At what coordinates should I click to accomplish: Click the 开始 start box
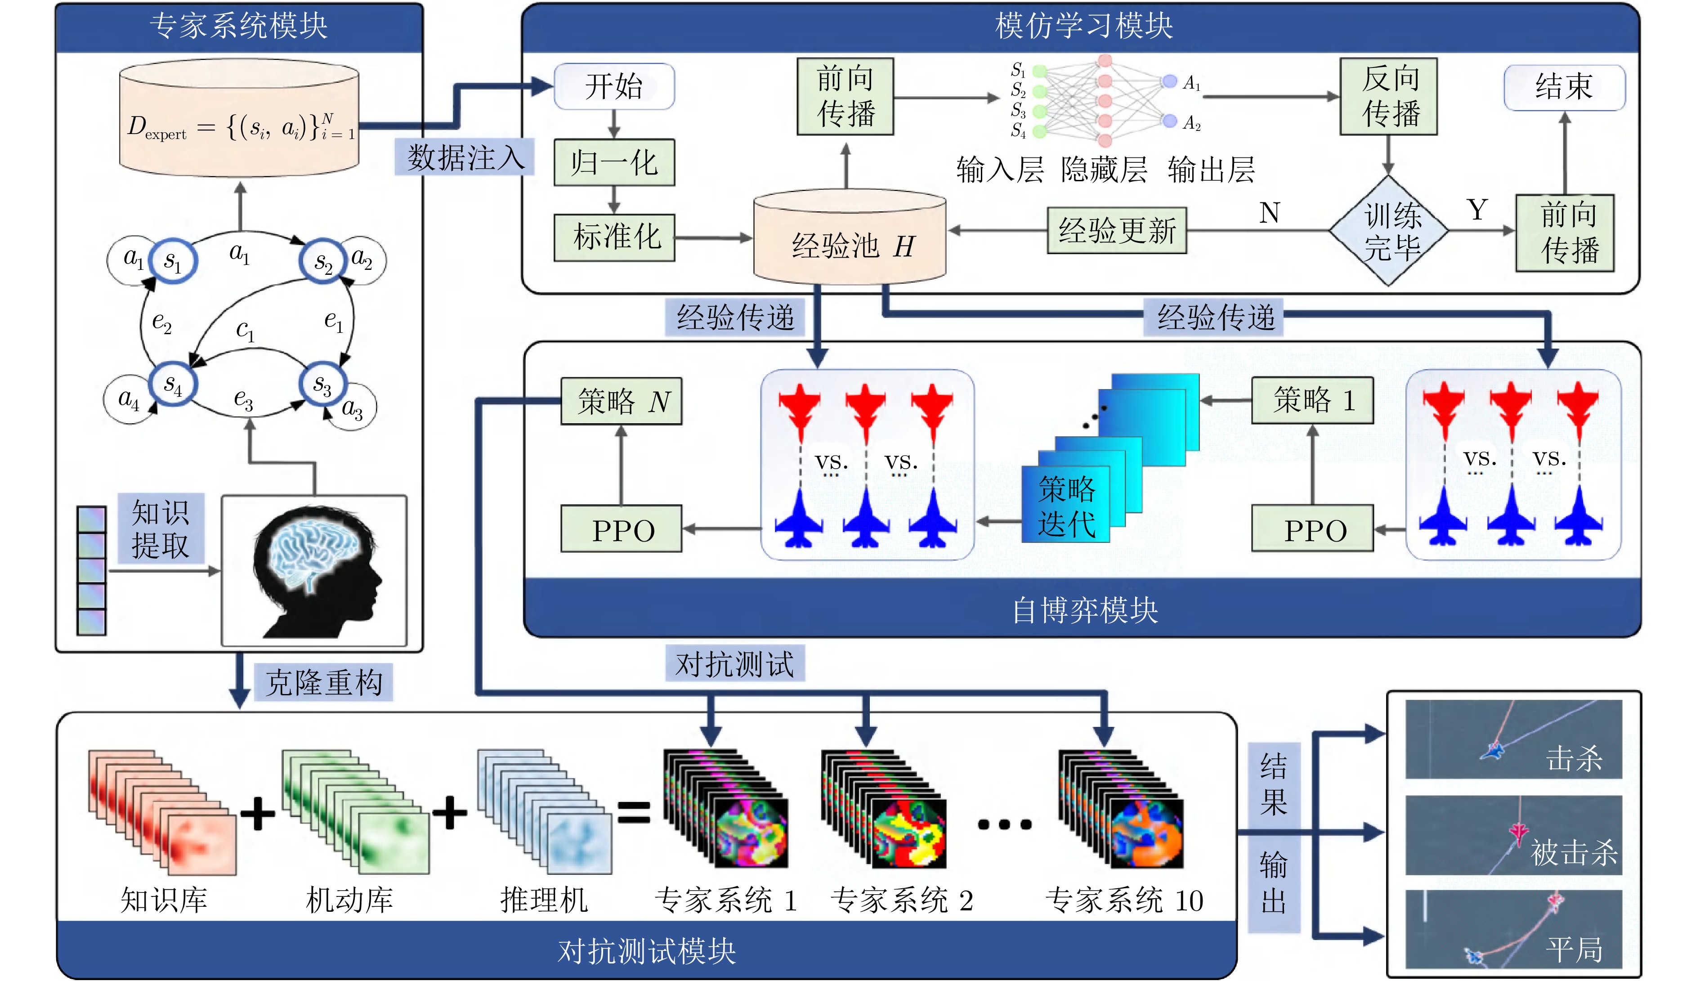[613, 86]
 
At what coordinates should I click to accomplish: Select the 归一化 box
[613, 162]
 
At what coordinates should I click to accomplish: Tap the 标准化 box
[613, 237]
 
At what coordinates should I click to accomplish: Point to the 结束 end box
[1564, 87]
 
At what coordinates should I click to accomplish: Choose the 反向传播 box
[1388, 96]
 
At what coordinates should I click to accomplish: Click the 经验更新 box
[1116, 230]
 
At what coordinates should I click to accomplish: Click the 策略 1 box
[1312, 400]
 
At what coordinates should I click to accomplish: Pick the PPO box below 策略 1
[1312, 529]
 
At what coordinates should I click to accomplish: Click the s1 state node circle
[173, 261]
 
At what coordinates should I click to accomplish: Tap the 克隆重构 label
[323, 682]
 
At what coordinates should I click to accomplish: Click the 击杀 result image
[1513, 739]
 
